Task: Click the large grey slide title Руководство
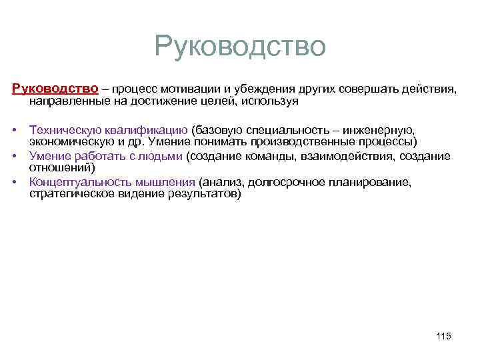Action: coord(240,47)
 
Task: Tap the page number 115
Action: coord(443,336)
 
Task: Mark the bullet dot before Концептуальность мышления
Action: coord(15,181)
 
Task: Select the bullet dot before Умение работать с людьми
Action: coord(15,156)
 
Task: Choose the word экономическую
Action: coord(69,142)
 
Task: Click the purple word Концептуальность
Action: coord(78,181)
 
